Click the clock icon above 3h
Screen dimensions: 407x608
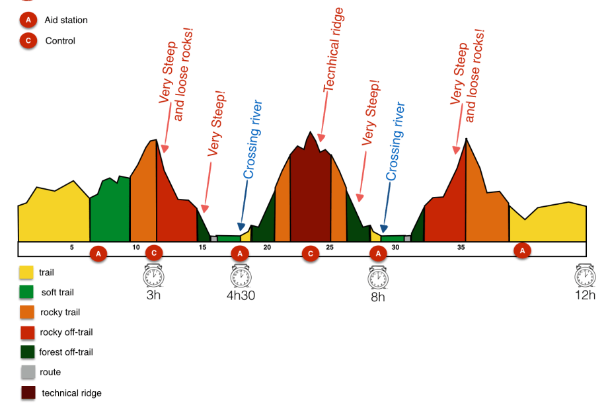pos(153,276)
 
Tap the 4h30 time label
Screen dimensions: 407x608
pos(241,295)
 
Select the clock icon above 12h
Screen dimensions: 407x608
pos(585,276)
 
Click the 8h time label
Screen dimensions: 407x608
pos(377,297)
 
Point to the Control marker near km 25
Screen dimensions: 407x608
pos(311,254)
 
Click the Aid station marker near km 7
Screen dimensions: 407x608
pos(98,254)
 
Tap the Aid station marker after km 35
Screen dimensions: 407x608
pos(523,250)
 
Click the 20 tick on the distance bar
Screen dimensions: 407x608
pos(267,247)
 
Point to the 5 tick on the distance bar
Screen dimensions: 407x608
pos(71,247)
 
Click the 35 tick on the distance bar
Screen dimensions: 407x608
pos(461,247)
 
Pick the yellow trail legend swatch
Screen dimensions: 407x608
pos(26,272)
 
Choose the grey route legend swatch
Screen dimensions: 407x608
pos(26,373)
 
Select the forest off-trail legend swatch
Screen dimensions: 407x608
pos(26,352)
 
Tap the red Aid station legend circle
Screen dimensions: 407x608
pos(28,20)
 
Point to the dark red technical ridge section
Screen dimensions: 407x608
pos(310,198)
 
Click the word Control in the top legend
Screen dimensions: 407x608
pos(60,41)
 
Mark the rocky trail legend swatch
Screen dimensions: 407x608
pos(26,313)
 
